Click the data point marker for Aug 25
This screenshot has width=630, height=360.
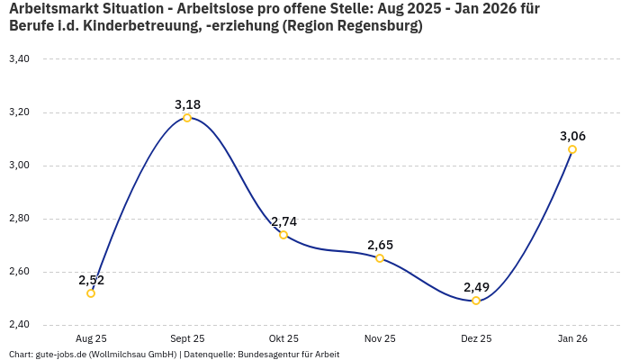[91, 293]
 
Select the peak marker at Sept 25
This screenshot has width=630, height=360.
[187, 118]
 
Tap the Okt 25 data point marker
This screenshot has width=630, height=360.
[283, 235]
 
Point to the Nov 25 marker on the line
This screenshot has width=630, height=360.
[380, 258]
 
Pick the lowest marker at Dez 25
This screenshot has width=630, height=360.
[476, 301]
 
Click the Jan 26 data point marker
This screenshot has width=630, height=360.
[572, 149]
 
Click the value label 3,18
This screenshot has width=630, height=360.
[187, 104]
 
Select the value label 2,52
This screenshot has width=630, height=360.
[91, 280]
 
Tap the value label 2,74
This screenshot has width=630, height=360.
[283, 221]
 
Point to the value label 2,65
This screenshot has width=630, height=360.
[380, 245]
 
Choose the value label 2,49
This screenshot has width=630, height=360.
[476, 287]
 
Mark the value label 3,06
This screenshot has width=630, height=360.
[572, 136]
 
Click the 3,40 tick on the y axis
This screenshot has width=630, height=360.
[19, 59]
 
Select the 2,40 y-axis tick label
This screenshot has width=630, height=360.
[19, 325]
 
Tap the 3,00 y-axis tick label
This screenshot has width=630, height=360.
[19, 166]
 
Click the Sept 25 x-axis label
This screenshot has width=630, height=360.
[187, 339]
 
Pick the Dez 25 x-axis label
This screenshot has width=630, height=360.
[476, 339]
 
